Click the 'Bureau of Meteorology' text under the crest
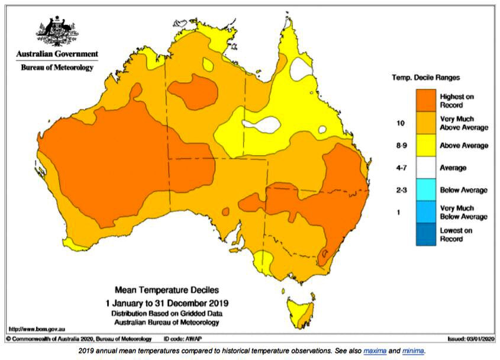point(57,67)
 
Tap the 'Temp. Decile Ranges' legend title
point(426,78)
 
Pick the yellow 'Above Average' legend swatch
point(425,145)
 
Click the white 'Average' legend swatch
point(425,168)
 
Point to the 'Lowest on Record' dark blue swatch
point(425,234)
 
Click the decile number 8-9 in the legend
point(401,146)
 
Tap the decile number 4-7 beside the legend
point(401,168)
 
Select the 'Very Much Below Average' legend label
point(463,213)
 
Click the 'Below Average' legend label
point(463,190)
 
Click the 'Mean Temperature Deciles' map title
point(166,290)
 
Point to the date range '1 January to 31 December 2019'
point(166,302)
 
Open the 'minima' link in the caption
point(413,351)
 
